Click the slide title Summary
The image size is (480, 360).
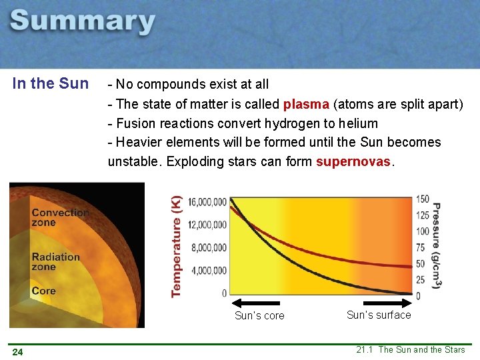[83, 23]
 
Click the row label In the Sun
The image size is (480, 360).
[50, 84]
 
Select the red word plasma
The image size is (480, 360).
[306, 104]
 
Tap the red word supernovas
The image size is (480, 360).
[354, 162]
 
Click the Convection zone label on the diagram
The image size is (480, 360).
[60, 217]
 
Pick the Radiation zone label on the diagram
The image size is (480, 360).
[55, 261]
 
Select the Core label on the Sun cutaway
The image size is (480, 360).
[43, 291]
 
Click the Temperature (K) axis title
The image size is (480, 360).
[177, 246]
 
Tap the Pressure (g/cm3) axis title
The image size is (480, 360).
[437, 246]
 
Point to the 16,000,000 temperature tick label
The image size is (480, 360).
[207, 202]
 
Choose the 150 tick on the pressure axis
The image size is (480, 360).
[422, 199]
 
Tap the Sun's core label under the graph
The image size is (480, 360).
[259, 316]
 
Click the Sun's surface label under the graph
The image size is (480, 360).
[379, 315]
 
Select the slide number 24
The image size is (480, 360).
[17, 352]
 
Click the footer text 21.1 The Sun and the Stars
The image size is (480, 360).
[410, 350]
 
